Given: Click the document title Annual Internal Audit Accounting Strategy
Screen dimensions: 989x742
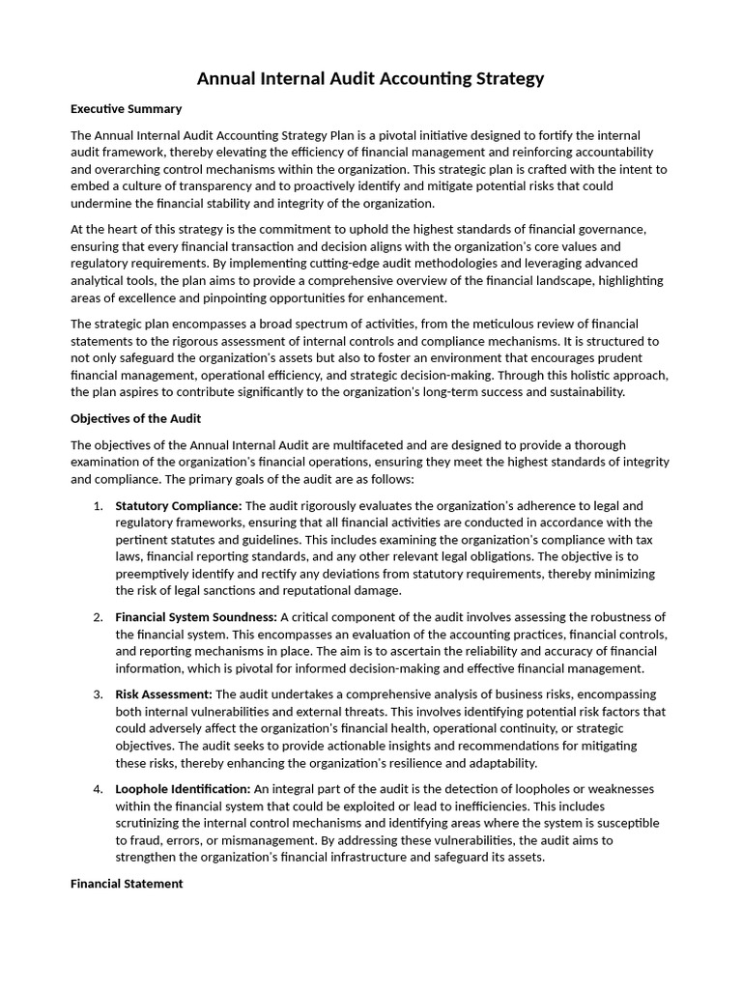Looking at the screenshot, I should tap(371, 78).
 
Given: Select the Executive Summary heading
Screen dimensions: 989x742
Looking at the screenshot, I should tap(126, 109).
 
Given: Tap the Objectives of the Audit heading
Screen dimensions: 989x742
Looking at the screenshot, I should tap(135, 418).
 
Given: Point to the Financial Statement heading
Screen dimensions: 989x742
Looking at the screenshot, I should tap(127, 883).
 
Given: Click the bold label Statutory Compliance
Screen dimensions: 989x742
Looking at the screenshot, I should tap(178, 506).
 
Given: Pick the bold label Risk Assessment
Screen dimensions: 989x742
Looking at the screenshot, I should tap(163, 694).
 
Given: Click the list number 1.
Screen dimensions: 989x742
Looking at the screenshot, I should tap(98, 506).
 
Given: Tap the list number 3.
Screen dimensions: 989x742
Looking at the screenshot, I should tap(98, 694).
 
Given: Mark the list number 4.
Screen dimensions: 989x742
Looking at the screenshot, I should tap(98, 789).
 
